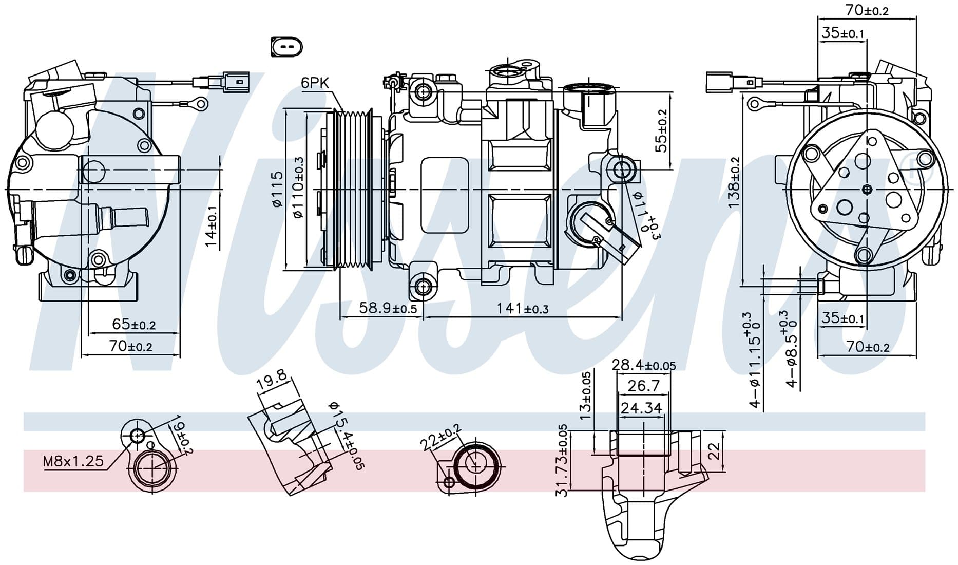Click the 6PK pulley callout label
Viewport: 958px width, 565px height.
[314, 83]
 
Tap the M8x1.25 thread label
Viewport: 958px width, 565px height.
[73, 461]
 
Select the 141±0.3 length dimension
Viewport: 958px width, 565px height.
[522, 309]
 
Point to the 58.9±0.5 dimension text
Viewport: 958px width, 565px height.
[388, 308]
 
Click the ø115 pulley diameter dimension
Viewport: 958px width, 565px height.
[277, 189]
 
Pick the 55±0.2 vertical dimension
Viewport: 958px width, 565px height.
[662, 130]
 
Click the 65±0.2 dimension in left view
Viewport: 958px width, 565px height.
[133, 325]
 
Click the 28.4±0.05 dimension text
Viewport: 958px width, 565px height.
[644, 365]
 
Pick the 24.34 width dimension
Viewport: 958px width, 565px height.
[641, 408]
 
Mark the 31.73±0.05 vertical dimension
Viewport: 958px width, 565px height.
[562, 460]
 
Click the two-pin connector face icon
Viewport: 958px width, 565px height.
[285, 47]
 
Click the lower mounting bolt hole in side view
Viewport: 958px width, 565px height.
[423, 286]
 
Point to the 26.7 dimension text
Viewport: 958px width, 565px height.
[643, 385]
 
